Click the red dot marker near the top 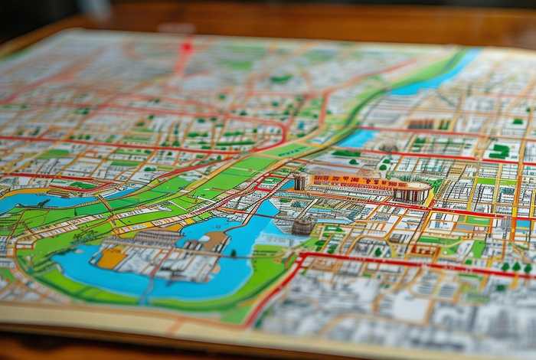pos(185,46)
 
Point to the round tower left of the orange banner pos(300,182)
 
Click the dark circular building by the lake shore pos(303,226)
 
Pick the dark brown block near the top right pos(420,123)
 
